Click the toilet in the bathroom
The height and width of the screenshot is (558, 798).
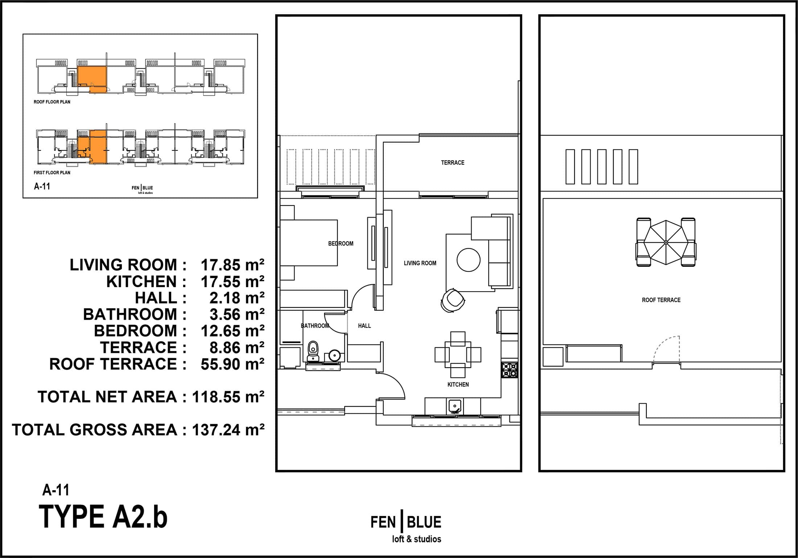pos(313,352)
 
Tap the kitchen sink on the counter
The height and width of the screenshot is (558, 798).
pos(454,406)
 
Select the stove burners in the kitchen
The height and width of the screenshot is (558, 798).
pos(510,370)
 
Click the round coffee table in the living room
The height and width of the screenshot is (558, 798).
pos(468,260)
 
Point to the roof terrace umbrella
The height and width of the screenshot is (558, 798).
pos(666,242)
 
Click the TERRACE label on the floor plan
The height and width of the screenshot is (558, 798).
pos(453,163)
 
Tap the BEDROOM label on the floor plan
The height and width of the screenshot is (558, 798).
pos(341,244)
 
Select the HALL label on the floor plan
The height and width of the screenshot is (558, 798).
pos(365,326)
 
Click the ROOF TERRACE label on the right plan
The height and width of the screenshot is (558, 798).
pos(661,300)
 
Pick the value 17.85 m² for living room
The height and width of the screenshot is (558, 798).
pos(233,265)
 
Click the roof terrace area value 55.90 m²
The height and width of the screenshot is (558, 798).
pos(233,364)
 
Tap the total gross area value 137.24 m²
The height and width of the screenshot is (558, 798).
pos(228,430)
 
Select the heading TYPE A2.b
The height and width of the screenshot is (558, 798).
pos(103,517)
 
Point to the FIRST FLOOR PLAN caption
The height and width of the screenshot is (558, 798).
pos(52,173)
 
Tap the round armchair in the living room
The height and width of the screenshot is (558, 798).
pos(453,300)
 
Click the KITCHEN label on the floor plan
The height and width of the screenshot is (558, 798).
pos(458,385)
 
